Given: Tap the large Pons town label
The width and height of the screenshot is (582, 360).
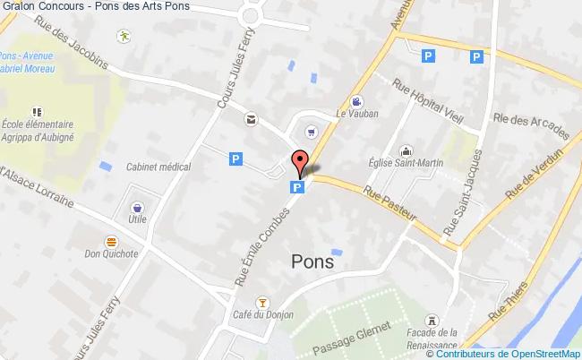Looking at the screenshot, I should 312,261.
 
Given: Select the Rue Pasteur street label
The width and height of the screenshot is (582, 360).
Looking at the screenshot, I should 390,201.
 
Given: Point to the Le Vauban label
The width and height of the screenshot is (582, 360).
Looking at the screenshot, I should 357,114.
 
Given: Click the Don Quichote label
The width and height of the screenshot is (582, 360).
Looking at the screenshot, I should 111,253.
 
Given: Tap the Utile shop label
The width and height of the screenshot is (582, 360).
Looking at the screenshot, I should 137,218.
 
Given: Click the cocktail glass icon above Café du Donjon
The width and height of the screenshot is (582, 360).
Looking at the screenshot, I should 262,301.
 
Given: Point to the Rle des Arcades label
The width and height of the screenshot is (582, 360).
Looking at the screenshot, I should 531,120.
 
